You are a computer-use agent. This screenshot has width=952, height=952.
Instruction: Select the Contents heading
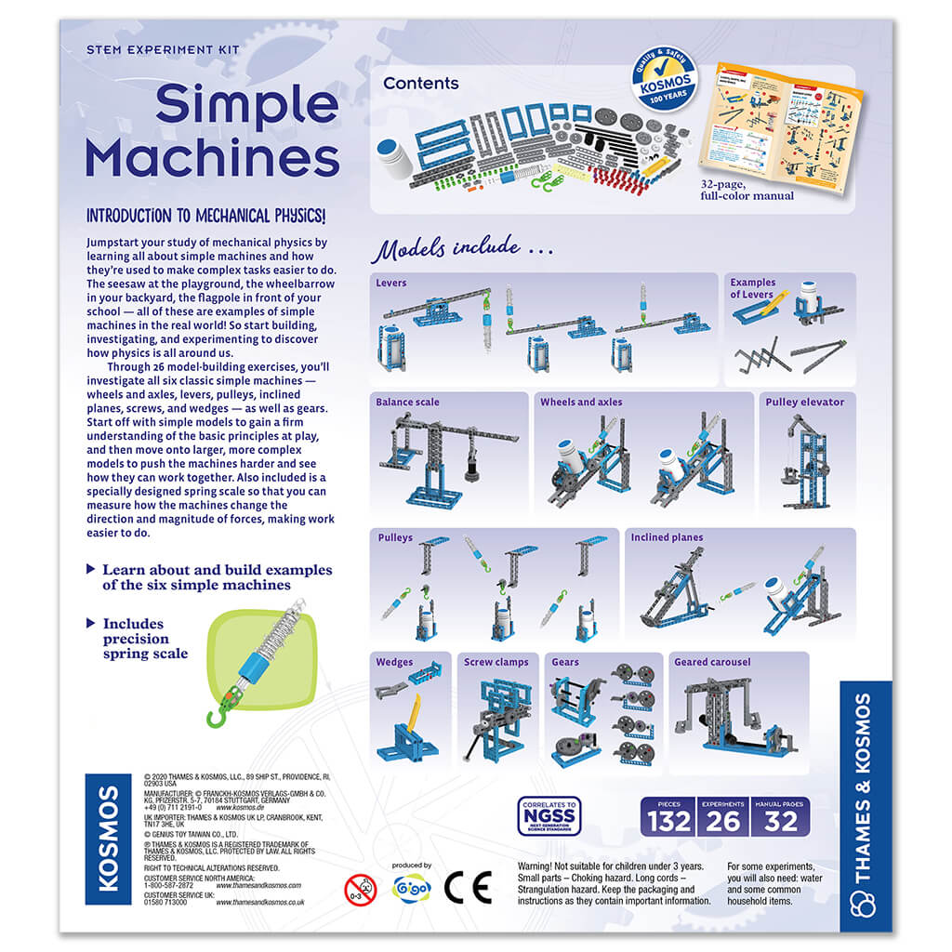point(420,84)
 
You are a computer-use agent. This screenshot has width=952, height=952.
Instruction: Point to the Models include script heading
point(463,250)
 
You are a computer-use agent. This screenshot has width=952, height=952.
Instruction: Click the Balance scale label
point(407,403)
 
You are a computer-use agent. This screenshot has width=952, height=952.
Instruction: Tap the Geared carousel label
point(711,662)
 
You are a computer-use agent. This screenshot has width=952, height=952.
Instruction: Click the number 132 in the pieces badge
point(669,821)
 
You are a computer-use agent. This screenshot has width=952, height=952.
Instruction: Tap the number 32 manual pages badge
point(780,821)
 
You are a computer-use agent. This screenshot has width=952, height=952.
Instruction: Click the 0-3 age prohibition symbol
point(360,890)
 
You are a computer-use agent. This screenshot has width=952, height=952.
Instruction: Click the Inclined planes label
point(667,537)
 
